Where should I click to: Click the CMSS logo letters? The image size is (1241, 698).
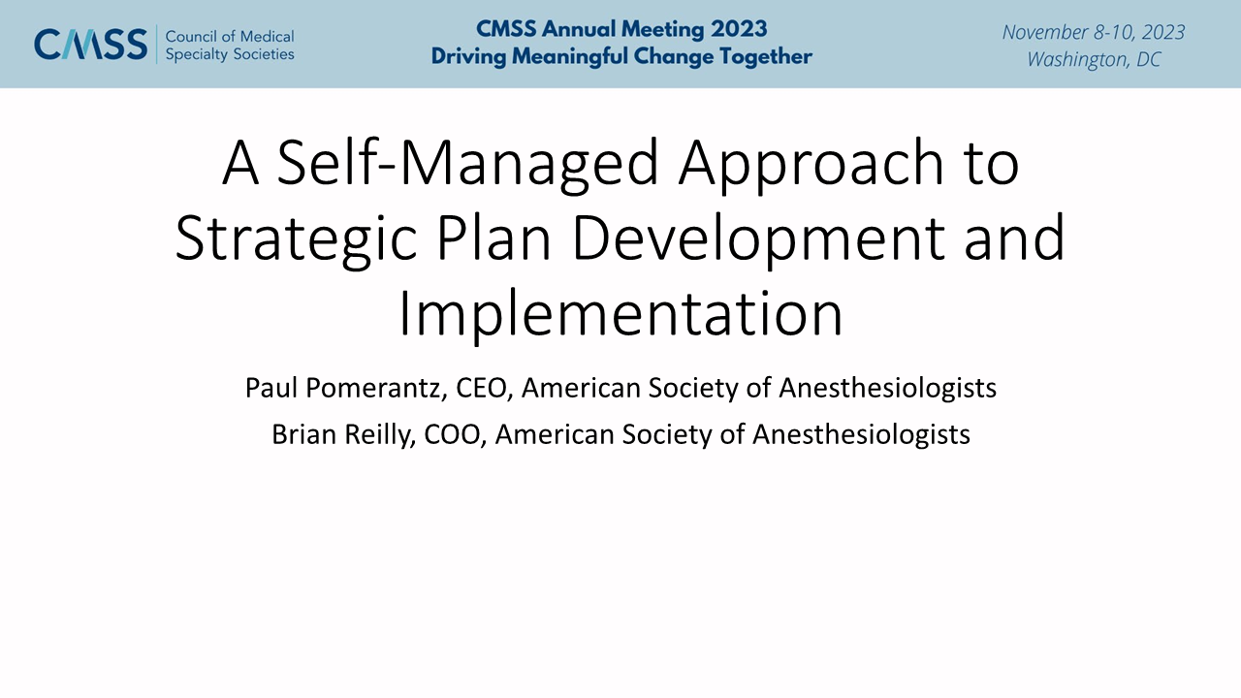[91, 45]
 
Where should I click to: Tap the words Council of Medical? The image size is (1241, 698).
[230, 37]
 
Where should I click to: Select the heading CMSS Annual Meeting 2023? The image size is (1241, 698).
[621, 29]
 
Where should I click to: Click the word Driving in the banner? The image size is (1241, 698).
[468, 57]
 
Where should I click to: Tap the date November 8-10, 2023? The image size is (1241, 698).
[1094, 32]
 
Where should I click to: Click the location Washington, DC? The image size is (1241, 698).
[1094, 59]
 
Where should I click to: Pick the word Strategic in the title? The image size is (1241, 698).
[296, 239]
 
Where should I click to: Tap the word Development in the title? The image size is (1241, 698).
[758, 239]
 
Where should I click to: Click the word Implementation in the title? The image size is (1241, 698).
[620, 314]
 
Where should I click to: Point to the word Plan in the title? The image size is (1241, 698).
[494, 238]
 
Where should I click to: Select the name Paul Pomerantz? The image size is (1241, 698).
[346, 388]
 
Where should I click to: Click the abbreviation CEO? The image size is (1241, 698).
[481, 388]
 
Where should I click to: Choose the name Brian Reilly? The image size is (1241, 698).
[343, 434]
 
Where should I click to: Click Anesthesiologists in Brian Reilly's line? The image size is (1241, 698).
[861, 434]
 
